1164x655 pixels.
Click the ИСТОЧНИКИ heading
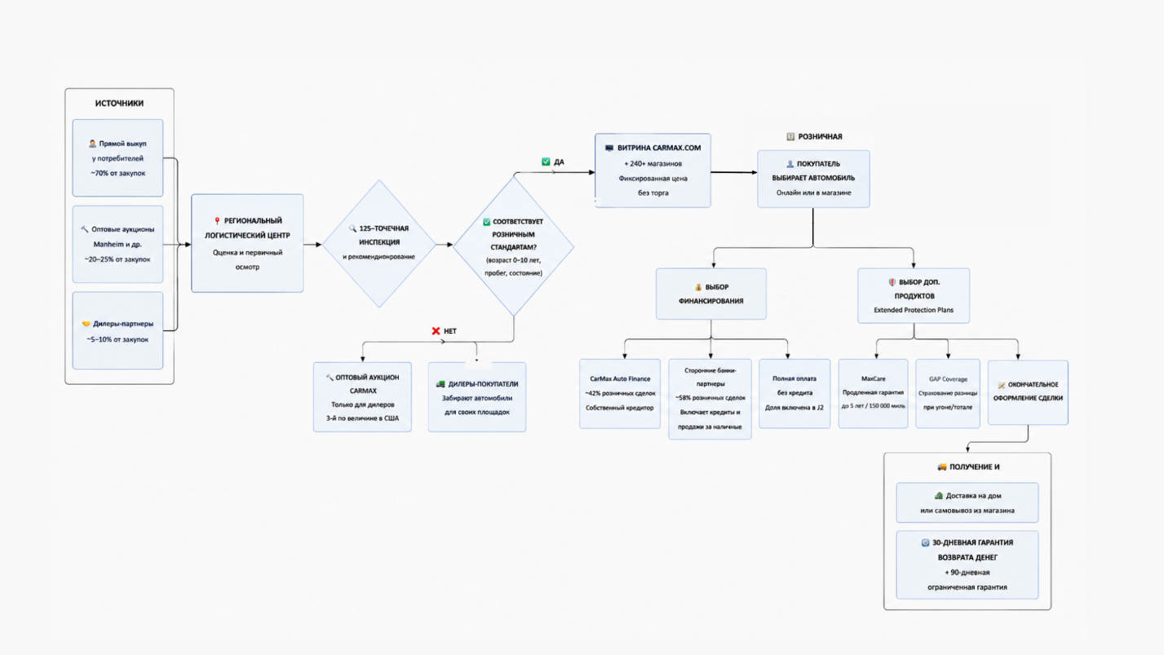pyautogui.click(x=119, y=103)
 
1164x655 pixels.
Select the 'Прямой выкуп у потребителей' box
pyautogui.click(x=118, y=158)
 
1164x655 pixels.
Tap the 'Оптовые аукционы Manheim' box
pyautogui.click(x=118, y=245)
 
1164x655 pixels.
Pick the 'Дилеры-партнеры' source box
pyautogui.click(x=118, y=330)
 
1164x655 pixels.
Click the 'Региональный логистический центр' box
pyautogui.click(x=247, y=243)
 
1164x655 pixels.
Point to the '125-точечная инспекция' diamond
pyautogui.click(x=378, y=244)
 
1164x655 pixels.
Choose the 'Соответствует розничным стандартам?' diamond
pyautogui.click(x=513, y=246)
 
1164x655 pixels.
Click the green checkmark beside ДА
pyautogui.click(x=546, y=162)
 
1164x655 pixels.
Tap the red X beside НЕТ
pyautogui.click(x=436, y=330)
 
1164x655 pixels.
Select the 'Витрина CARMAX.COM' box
pyautogui.click(x=653, y=170)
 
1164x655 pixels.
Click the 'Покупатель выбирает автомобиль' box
pyautogui.click(x=813, y=179)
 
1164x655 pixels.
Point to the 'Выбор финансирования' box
pyautogui.click(x=710, y=294)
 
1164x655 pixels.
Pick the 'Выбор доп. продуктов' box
pyautogui.click(x=914, y=296)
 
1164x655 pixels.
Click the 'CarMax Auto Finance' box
pyautogui.click(x=620, y=393)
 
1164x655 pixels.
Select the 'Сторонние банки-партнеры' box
pyautogui.click(x=710, y=399)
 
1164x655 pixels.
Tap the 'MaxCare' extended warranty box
pyautogui.click(x=873, y=393)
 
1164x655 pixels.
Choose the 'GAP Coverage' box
pyautogui.click(x=948, y=393)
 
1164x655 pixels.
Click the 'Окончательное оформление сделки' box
pyautogui.click(x=1028, y=392)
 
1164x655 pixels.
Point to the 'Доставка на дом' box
pyautogui.click(x=967, y=502)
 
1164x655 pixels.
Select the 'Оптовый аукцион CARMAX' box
pyautogui.click(x=362, y=397)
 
